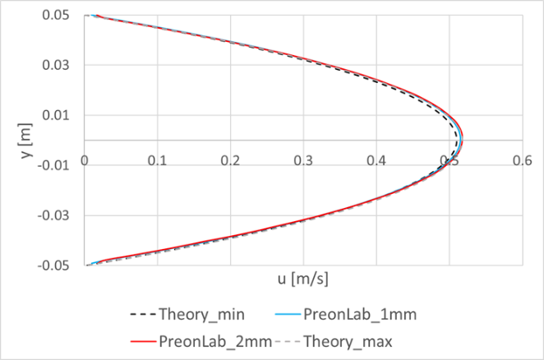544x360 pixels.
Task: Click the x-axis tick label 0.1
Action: (x=159, y=162)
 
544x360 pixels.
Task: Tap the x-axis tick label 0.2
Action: (x=231, y=162)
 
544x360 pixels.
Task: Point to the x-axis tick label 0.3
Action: (x=304, y=162)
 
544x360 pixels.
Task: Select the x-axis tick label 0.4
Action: (x=376, y=162)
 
